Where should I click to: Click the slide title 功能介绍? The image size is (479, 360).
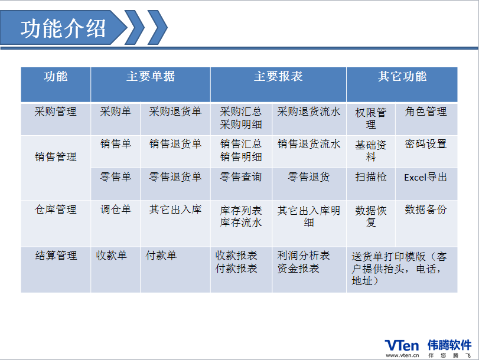(63, 28)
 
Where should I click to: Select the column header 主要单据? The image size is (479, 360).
(151, 76)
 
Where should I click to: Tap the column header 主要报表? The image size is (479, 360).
(278, 76)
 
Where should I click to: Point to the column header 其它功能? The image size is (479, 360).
(402, 76)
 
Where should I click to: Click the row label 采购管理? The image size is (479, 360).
(56, 112)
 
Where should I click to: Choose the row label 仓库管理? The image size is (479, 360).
(56, 210)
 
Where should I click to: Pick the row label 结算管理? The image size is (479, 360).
(56, 256)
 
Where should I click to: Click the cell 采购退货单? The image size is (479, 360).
(175, 112)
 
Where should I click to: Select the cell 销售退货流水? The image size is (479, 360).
(309, 144)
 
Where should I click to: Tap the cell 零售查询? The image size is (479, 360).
(241, 177)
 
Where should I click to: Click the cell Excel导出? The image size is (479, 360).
(425, 177)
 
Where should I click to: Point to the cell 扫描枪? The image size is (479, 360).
(371, 177)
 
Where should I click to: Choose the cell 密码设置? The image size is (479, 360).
(426, 144)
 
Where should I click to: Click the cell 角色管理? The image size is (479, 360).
(426, 112)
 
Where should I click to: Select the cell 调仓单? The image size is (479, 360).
(116, 210)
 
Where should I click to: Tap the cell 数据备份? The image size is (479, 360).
(426, 210)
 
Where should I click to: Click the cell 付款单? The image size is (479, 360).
(161, 256)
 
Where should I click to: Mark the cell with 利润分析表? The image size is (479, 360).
(304, 256)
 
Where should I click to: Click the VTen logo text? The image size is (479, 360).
(402, 346)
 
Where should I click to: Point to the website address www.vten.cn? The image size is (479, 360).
(402, 355)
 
